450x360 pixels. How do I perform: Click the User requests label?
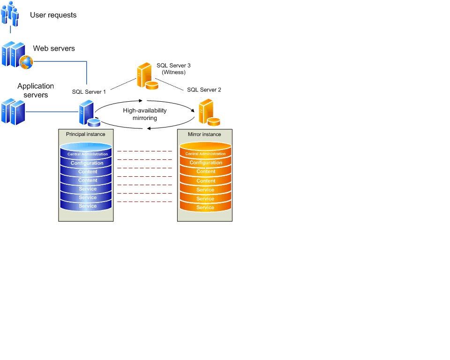pyautogui.click(x=53, y=15)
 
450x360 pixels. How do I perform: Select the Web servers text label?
pyautogui.click(x=53, y=48)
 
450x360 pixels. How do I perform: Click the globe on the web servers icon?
pyautogui.click(x=26, y=61)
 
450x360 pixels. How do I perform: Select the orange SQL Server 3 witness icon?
pyautogui.click(x=146, y=76)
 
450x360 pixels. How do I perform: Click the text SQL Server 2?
pyautogui.click(x=204, y=90)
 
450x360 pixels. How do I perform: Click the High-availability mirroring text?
pyautogui.click(x=145, y=114)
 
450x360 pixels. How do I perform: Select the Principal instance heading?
pyautogui.click(x=85, y=134)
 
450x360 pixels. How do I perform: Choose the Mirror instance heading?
pyautogui.click(x=204, y=134)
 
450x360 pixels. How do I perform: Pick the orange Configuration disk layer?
pyautogui.click(x=205, y=163)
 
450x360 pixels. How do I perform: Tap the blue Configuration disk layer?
pyautogui.click(x=87, y=163)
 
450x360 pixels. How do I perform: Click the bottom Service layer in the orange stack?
pyautogui.click(x=205, y=207)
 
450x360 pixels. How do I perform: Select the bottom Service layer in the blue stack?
pyautogui.click(x=87, y=206)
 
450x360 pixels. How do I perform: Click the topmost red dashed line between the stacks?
pyautogui.click(x=144, y=151)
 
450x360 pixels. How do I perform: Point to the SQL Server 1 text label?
pyautogui.click(x=89, y=92)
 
